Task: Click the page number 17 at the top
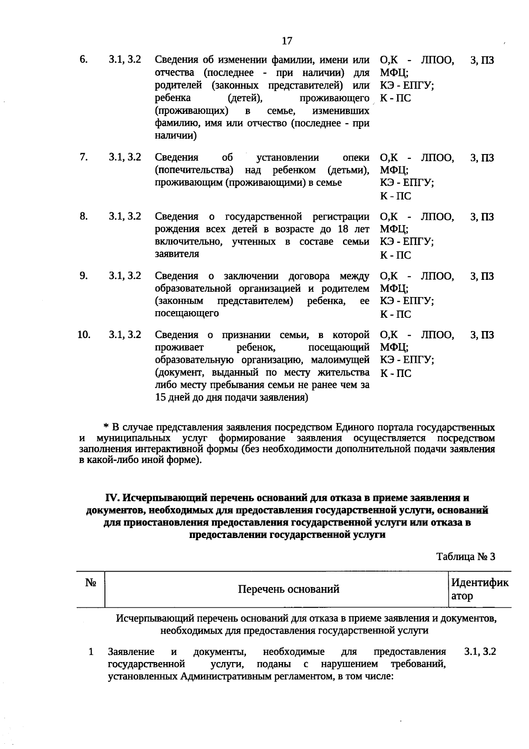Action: tap(287, 41)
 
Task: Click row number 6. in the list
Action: tap(83, 59)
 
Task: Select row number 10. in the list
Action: tap(84, 335)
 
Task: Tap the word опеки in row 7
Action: tap(356, 158)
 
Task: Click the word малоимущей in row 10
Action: tap(345, 360)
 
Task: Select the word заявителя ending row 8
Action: tap(177, 254)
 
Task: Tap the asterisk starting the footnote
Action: tap(106, 427)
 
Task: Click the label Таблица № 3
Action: tap(466, 557)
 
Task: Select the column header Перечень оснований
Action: tap(288, 589)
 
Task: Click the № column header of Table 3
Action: tap(91, 583)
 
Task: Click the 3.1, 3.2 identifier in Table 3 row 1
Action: tap(480, 651)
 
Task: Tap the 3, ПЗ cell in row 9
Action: tap(482, 276)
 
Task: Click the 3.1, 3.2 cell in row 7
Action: tap(125, 157)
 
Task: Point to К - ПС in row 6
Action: tap(395, 98)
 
